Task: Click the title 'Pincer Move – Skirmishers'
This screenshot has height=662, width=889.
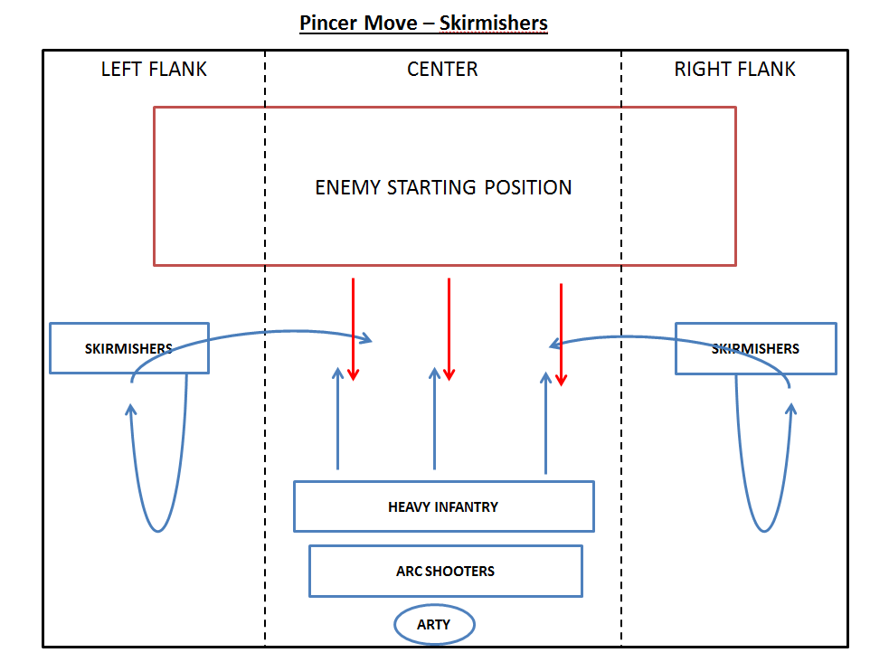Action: (423, 22)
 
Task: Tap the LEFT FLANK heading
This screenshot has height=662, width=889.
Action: (154, 70)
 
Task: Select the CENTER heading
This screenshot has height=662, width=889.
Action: (442, 70)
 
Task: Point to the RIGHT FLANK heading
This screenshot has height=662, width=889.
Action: (734, 70)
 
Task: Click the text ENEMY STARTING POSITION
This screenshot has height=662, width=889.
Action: (443, 188)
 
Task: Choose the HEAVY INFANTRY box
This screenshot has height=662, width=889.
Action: (443, 506)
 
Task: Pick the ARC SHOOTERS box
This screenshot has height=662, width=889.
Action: (445, 571)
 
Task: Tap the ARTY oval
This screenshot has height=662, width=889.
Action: (434, 624)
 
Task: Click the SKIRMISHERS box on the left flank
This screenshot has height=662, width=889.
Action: (128, 348)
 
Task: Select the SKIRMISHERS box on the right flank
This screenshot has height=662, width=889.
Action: (755, 348)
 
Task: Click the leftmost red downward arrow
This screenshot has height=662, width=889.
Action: (354, 330)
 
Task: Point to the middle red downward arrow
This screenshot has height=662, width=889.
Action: (449, 330)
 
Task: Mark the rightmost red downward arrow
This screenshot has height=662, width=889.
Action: (561, 335)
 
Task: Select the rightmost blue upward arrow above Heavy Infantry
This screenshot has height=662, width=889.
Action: (545, 421)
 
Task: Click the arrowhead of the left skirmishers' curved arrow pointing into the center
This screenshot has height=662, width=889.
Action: (366, 339)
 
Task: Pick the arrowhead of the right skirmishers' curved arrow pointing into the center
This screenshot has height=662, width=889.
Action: (555, 344)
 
